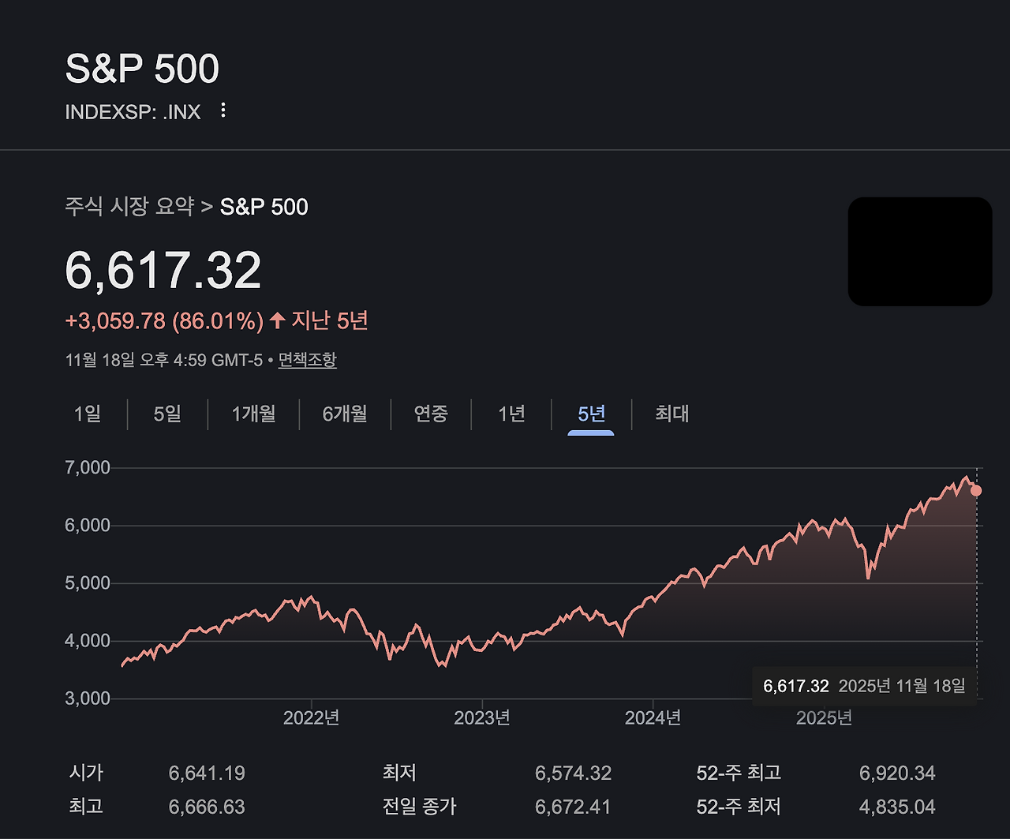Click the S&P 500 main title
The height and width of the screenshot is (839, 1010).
click(x=142, y=69)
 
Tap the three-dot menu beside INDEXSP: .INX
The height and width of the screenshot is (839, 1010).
click(x=223, y=110)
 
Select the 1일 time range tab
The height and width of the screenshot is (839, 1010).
click(x=88, y=414)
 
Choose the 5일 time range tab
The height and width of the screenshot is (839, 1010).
click(x=167, y=414)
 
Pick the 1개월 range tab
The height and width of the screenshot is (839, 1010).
click(x=253, y=414)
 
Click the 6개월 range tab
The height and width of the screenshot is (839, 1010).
click(x=345, y=414)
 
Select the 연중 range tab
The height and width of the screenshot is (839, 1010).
click(x=431, y=414)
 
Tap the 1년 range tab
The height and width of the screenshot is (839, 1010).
click(x=511, y=414)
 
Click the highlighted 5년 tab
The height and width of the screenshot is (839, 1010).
click(x=591, y=414)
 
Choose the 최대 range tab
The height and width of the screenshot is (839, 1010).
click(x=672, y=414)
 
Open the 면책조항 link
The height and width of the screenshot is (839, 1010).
click(x=308, y=360)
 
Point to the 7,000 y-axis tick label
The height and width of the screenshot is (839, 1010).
click(x=88, y=467)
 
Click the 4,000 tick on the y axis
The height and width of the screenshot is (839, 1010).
click(x=88, y=641)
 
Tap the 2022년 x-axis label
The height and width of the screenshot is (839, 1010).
click(x=311, y=717)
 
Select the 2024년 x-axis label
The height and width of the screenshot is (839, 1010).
click(x=653, y=717)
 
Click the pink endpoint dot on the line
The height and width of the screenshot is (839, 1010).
click(x=976, y=490)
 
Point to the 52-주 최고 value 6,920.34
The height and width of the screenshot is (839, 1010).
click(x=897, y=773)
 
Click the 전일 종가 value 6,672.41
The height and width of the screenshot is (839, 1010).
click(x=574, y=807)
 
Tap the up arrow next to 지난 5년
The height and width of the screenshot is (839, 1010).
click(x=277, y=320)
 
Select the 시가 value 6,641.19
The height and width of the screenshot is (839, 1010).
click(x=207, y=773)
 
